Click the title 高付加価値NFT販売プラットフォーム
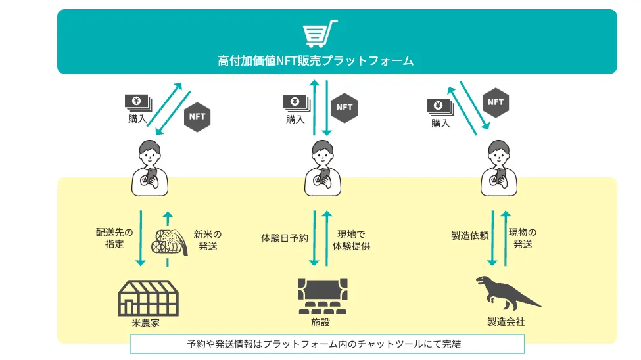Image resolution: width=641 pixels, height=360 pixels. (x=316, y=61)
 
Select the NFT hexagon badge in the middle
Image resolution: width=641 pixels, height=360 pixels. (x=344, y=107)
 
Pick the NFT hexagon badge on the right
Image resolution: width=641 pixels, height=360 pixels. (x=495, y=102)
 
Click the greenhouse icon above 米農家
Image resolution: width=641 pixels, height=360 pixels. (x=148, y=298)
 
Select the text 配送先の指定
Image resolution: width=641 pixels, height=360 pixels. (x=114, y=238)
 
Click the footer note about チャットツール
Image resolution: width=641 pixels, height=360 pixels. (x=327, y=344)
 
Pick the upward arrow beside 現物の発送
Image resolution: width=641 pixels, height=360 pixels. (x=504, y=238)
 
